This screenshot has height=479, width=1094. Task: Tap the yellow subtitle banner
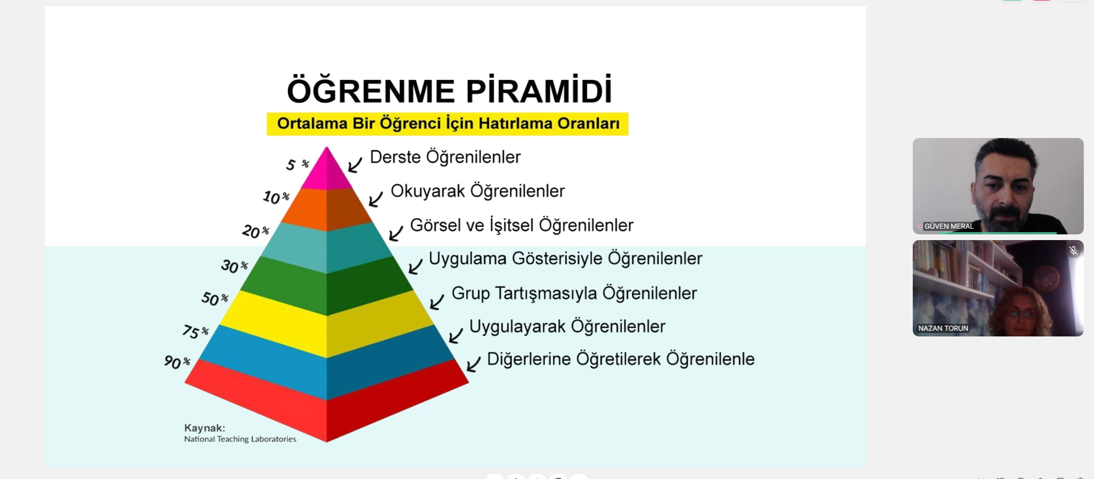[x=448, y=124]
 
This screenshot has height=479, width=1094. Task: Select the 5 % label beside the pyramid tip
[x=297, y=165]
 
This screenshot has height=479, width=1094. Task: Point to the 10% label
[x=276, y=197]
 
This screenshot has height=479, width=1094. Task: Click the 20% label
[x=255, y=231]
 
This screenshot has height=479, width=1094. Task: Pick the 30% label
[x=234, y=266]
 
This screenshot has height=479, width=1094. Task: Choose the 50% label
[x=214, y=298]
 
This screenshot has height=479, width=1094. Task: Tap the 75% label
[x=195, y=331]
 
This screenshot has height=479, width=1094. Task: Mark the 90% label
[x=176, y=362]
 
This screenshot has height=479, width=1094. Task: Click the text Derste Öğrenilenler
[x=445, y=157]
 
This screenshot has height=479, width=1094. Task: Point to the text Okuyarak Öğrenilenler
[x=477, y=191]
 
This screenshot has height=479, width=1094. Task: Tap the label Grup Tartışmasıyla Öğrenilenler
[x=574, y=293]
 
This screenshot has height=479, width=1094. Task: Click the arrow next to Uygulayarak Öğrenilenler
[x=456, y=335]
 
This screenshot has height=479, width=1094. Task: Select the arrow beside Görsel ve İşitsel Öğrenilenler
[x=396, y=233]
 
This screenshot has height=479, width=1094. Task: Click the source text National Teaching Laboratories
[x=240, y=439]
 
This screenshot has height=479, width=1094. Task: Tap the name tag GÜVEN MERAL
[x=948, y=226]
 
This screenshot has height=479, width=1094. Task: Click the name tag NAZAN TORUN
[x=943, y=328]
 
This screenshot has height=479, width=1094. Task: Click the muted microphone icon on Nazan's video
[x=1073, y=250]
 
